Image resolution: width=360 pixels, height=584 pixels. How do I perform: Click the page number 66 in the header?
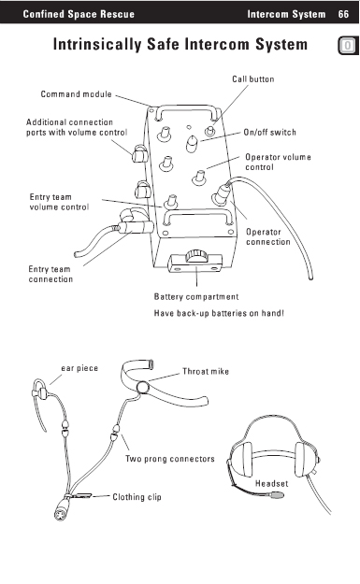pos(343,14)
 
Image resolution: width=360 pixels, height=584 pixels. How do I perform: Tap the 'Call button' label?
pos(253,79)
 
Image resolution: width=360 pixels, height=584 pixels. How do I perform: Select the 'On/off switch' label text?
pos(270,133)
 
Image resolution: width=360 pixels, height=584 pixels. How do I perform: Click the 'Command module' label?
pos(76,93)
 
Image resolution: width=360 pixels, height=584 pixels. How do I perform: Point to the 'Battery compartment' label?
pos(196,297)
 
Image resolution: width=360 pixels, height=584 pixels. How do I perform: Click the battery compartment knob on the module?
pos(195,256)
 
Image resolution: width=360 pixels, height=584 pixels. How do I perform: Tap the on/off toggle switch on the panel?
pos(193,143)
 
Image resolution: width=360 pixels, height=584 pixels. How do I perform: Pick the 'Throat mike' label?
pos(206,371)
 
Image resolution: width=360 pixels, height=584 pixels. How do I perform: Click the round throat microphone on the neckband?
pos(142,388)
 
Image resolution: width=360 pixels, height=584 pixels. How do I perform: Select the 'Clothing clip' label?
pos(137,497)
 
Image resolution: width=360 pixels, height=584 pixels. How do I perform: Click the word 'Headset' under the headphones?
pos(272,483)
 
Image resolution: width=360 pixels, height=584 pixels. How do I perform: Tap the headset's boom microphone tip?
pos(277,495)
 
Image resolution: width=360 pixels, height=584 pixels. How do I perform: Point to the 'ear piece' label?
pos(79,368)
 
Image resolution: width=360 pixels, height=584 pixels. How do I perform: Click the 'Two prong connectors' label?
pos(170,459)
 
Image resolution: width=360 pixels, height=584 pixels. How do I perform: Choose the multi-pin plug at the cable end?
pos(61,512)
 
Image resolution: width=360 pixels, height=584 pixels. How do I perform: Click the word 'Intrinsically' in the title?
pos(97,44)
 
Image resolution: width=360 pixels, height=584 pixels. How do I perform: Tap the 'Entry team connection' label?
pos(50,274)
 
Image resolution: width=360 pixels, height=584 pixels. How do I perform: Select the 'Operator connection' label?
pos(268,237)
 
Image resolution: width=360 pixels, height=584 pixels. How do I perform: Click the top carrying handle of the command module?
pos(186,108)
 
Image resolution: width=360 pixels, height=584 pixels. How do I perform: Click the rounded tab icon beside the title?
pos(348,46)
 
